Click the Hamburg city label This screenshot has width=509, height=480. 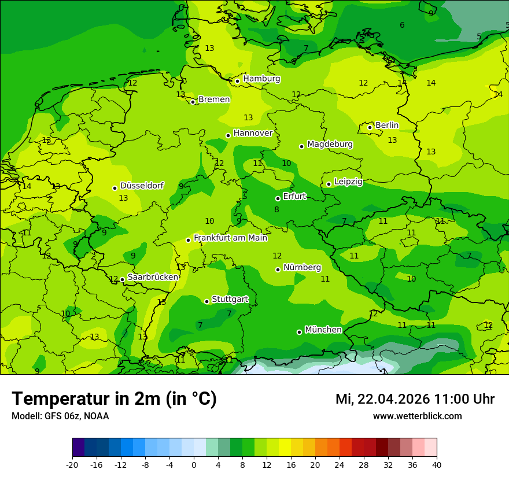(x=261, y=79)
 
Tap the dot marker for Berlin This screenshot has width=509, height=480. (x=370, y=127)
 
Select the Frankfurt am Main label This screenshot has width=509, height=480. (x=230, y=238)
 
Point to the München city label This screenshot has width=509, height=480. (x=323, y=330)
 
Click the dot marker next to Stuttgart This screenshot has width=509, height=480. (x=206, y=301)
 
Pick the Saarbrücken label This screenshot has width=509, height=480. (x=152, y=277)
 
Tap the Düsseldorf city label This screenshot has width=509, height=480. (x=142, y=186)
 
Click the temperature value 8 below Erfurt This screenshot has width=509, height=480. (x=276, y=209)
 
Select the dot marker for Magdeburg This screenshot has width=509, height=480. (x=301, y=146)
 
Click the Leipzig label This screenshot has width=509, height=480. (x=348, y=182)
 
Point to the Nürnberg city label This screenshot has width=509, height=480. (x=302, y=267)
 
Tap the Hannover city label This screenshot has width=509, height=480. (x=253, y=133)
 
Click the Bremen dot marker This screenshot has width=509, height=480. (x=193, y=102)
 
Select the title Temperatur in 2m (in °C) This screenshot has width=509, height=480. (x=114, y=398)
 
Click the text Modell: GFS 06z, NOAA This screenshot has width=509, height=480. (x=60, y=416)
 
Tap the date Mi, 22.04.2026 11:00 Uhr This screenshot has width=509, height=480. (x=415, y=399)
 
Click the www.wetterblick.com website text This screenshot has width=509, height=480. (x=417, y=416)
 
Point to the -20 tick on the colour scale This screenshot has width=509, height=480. (x=72, y=464)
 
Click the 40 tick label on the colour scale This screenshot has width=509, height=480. (x=436, y=464)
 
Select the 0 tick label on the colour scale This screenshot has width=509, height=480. (x=194, y=464)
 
